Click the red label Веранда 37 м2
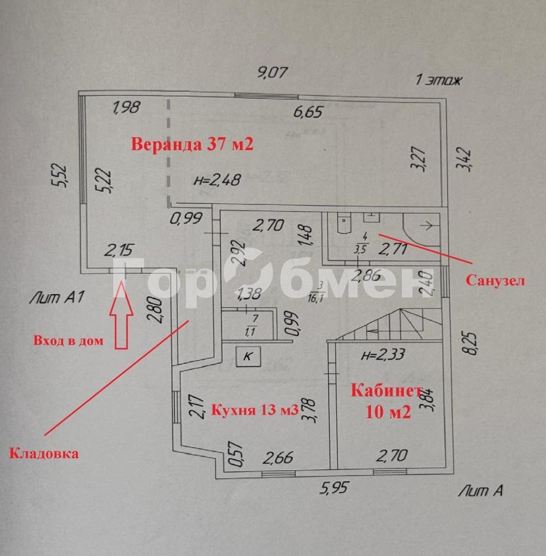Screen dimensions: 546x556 click(192, 145)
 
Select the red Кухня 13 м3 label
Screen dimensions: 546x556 click(255, 410)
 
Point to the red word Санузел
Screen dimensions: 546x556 click(495, 280)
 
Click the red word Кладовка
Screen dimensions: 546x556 click(44, 453)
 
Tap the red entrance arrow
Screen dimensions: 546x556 click(121, 315)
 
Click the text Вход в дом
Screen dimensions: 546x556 click(69, 340)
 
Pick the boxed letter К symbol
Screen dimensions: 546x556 click(249, 356)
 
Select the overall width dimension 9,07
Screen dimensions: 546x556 click(272, 72)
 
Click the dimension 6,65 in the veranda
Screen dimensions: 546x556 click(308, 112)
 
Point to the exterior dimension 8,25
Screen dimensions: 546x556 click(472, 343)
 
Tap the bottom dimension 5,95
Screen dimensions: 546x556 click(334, 487)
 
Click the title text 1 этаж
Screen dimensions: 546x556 click(439, 80)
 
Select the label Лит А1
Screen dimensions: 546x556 click(57, 297)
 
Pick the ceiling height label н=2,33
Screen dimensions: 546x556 click(383, 354)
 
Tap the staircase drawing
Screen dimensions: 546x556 click(389, 324)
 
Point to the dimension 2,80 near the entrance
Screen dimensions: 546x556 click(156, 310)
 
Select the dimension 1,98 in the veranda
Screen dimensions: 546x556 click(126, 107)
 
